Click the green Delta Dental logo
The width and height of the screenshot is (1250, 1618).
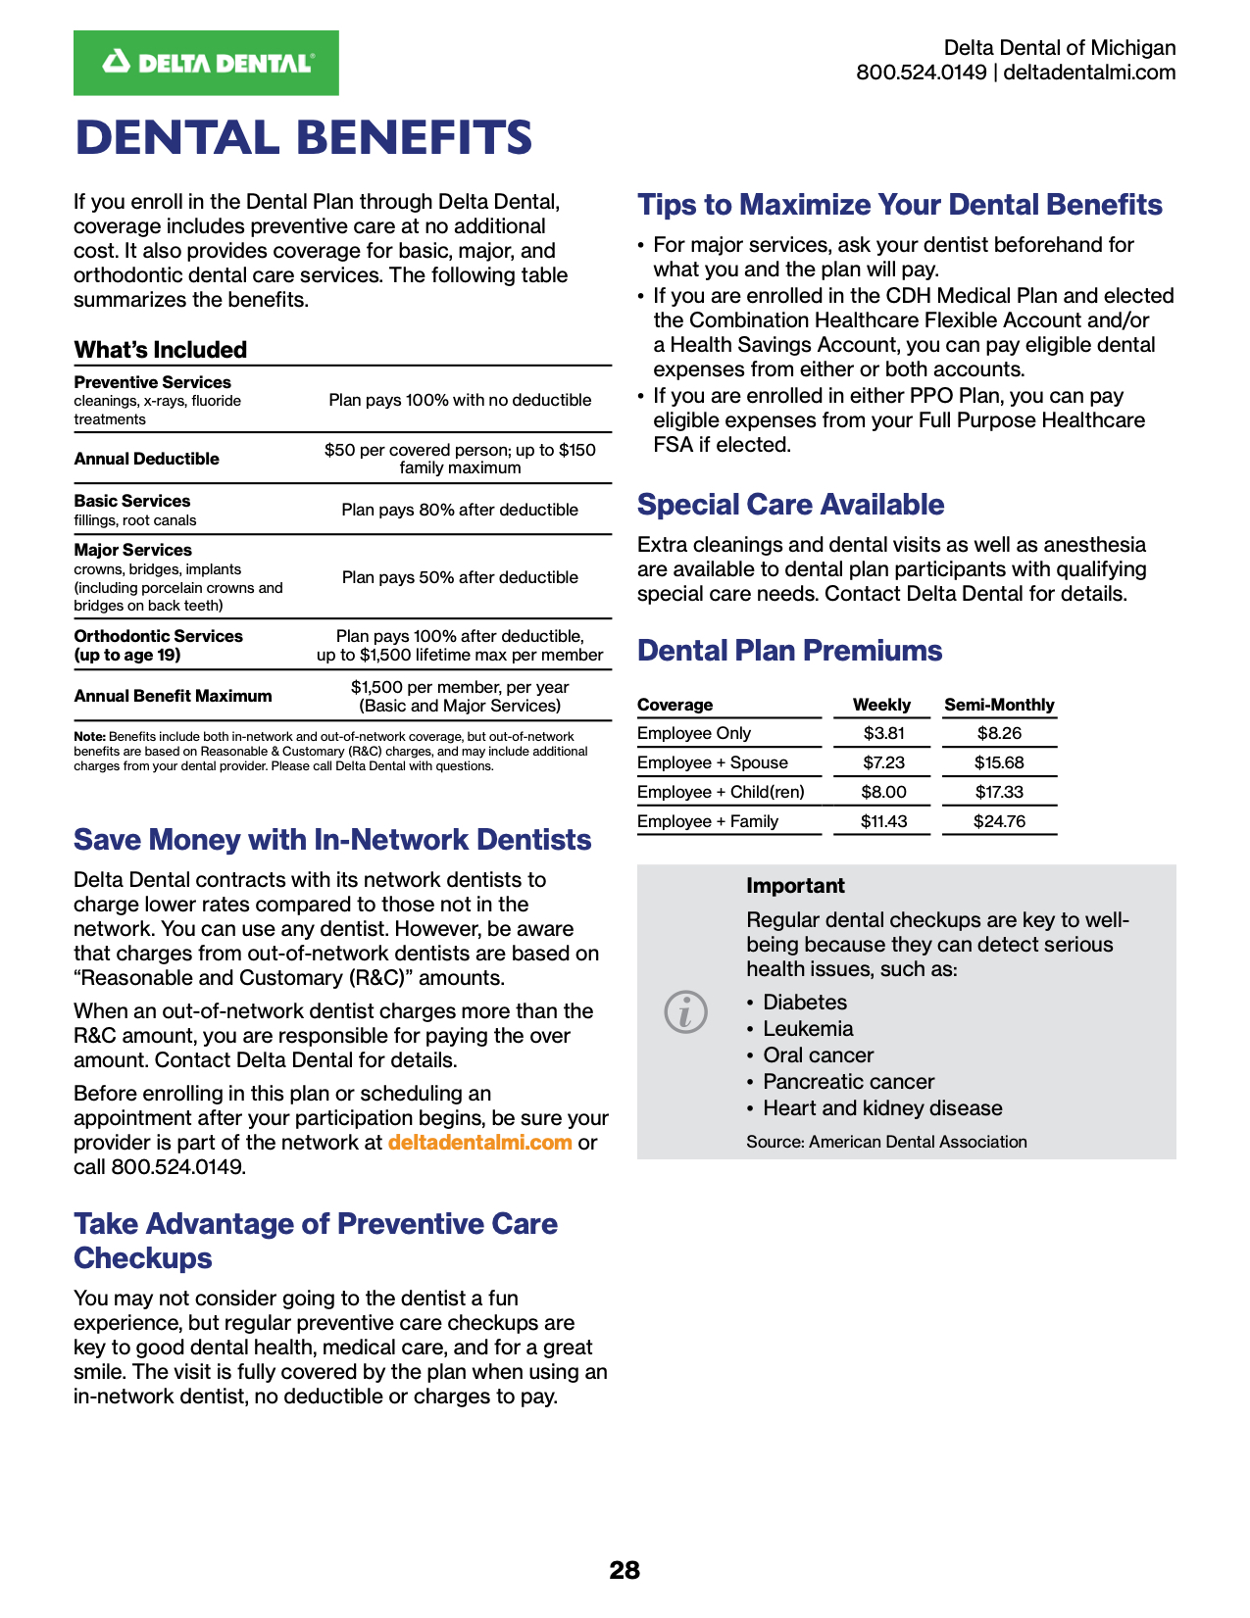(206, 63)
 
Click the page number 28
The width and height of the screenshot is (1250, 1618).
(625, 1570)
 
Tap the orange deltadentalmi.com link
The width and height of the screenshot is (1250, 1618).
(479, 1143)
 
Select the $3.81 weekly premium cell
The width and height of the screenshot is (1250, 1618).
(883, 733)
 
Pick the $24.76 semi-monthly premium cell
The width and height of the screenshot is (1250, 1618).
(999, 821)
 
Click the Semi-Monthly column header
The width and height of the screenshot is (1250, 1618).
(999, 705)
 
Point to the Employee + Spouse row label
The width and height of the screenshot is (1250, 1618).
(713, 762)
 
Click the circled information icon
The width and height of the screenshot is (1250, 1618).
(685, 1011)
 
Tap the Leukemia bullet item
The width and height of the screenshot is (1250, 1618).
(808, 1029)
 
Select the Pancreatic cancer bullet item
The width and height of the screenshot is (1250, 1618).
(848, 1082)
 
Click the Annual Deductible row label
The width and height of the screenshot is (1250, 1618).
(147, 459)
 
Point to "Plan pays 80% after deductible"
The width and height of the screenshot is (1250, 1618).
(460, 510)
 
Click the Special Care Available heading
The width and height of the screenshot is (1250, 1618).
(790, 505)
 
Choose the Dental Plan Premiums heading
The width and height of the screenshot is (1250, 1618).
(789, 651)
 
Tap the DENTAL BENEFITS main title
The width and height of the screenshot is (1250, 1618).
(304, 138)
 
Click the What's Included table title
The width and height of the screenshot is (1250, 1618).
(161, 350)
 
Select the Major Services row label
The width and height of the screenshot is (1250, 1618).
(133, 550)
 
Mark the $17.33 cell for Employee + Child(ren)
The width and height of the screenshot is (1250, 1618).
(999, 792)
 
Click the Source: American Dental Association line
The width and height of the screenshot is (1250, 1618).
(886, 1142)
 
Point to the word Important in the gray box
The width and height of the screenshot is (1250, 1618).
(795, 886)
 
